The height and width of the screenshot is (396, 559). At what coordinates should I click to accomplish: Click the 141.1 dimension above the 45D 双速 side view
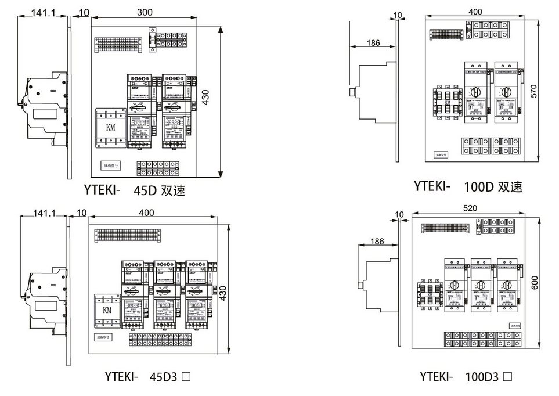click(x=41, y=12)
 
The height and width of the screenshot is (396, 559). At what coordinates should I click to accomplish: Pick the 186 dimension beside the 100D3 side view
click(x=377, y=241)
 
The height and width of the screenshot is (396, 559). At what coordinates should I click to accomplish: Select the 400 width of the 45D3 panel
click(x=147, y=213)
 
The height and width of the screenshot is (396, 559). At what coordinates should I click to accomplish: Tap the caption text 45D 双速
click(x=159, y=190)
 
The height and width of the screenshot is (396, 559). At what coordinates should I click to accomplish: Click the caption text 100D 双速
click(x=493, y=187)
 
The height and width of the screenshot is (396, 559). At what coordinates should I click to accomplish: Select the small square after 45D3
click(x=186, y=376)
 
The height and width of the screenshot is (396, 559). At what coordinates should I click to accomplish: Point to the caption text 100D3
click(x=482, y=376)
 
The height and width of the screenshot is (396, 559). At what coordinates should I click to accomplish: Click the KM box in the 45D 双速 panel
click(x=110, y=127)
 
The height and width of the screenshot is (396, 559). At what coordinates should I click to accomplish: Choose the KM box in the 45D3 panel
click(x=107, y=311)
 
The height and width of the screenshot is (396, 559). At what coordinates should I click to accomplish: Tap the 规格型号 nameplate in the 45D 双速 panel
click(x=110, y=165)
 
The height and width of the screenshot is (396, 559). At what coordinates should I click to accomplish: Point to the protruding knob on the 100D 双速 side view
click(x=352, y=92)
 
